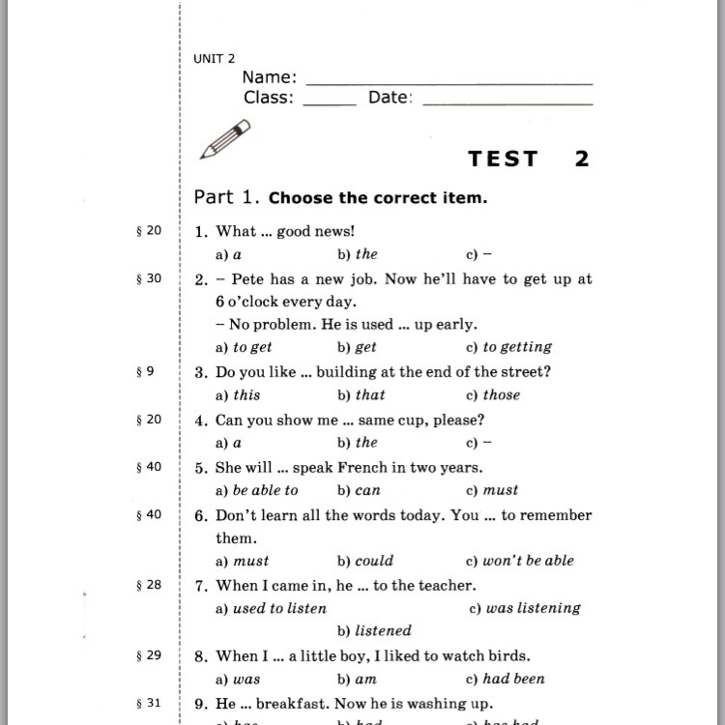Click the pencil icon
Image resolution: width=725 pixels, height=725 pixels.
[224, 138]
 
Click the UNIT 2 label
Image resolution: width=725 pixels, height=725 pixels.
[214, 59]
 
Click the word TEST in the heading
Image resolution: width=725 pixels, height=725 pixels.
[503, 159]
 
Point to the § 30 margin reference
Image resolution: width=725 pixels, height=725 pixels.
[149, 278]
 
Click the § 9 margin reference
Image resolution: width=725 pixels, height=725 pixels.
[145, 370]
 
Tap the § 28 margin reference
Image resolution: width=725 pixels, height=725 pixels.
[149, 585]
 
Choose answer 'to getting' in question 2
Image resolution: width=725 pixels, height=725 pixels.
[516, 347]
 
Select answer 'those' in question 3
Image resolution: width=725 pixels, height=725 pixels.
[501, 394]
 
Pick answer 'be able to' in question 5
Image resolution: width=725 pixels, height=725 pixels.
[265, 490]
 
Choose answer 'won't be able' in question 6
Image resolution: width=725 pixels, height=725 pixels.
[528, 561]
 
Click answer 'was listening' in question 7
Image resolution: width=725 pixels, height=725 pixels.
[533, 608]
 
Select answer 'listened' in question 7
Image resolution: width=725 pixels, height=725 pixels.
[383, 631]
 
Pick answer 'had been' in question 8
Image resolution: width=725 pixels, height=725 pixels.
[514, 679]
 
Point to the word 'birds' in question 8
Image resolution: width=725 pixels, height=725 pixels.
[507, 655]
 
